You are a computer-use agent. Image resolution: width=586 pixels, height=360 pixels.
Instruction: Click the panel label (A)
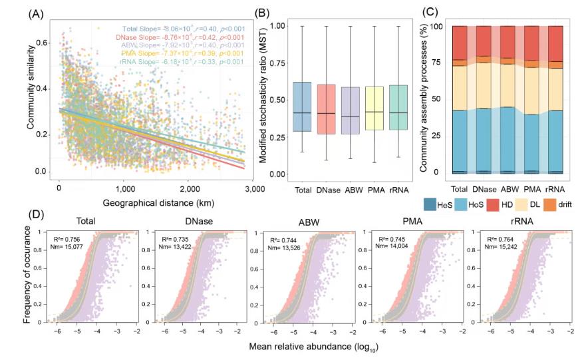pyautogui.click(x=19, y=11)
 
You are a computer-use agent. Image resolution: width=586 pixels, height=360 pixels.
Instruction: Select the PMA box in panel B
pyautogui.click(x=374, y=110)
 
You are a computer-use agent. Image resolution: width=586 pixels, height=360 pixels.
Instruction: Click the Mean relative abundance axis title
pyautogui.click(x=307, y=347)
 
